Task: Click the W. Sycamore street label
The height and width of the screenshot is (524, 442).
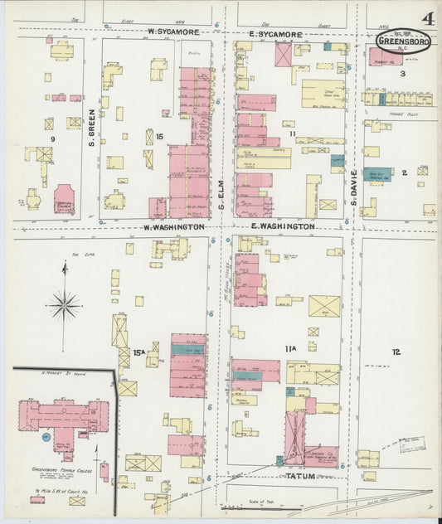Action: pyautogui.click(x=175, y=32)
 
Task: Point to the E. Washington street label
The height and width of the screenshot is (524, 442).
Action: pyautogui.click(x=282, y=226)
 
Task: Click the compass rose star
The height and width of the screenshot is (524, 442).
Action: pyautogui.click(x=64, y=304)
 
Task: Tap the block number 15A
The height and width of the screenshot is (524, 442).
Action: pyautogui.click(x=150, y=352)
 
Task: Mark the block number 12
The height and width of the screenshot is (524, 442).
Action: pyautogui.click(x=396, y=352)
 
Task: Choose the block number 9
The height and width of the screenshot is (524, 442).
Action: pyautogui.click(x=52, y=139)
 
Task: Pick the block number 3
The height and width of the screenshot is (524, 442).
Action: pyautogui.click(x=403, y=74)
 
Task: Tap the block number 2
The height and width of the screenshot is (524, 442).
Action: pyautogui.click(x=404, y=172)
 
